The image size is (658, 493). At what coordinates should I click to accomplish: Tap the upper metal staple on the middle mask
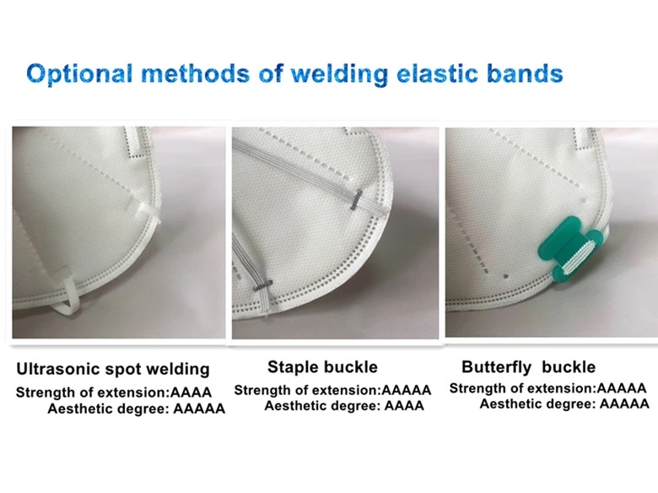click(x=356, y=199)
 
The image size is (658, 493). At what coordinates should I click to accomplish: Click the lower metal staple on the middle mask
click(x=262, y=285)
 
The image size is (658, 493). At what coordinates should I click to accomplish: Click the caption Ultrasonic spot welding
click(x=113, y=369)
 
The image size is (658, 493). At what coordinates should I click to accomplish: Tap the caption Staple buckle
click(x=322, y=367)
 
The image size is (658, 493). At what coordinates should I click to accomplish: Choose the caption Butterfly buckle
click(x=528, y=367)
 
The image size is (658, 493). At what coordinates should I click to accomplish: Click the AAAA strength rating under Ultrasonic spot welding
click(x=191, y=393)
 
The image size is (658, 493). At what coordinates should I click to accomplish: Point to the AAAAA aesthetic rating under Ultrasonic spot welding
click(x=199, y=409)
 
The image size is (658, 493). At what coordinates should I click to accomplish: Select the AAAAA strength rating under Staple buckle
click(x=407, y=390)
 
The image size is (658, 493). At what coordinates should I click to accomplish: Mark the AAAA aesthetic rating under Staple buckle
click(x=404, y=406)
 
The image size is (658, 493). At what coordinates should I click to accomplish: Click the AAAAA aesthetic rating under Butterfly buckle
click(x=624, y=404)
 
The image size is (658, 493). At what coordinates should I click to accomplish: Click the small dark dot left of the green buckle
click(x=505, y=277)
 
